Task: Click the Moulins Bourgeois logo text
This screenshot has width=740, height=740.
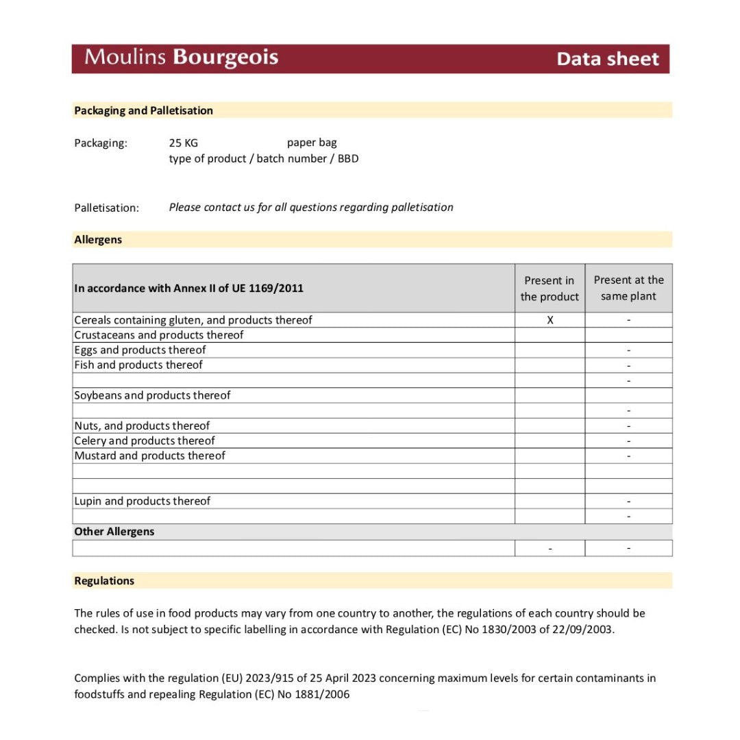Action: [181, 58]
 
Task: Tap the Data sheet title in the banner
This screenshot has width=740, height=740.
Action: [607, 59]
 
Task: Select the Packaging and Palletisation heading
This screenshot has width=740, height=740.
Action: [143, 110]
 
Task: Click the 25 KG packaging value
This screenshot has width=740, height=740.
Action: [183, 143]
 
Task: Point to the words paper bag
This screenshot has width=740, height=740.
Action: [312, 143]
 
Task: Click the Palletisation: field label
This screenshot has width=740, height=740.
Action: [106, 208]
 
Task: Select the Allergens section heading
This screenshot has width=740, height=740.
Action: [98, 240]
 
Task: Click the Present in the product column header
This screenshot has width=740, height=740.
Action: [550, 288]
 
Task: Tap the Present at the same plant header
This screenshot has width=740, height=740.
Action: [628, 288]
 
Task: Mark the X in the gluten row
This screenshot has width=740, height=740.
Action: [550, 320]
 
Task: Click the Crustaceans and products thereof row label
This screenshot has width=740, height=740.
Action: [158, 335]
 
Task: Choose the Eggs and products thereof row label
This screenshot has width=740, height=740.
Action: [140, 350]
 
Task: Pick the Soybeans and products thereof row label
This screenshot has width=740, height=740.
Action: [152, 395]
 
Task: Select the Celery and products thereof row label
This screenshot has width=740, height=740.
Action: [144, 441]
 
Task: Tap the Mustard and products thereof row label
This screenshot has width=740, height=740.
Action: [149, 456]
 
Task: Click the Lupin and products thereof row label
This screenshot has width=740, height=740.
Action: [142, 501]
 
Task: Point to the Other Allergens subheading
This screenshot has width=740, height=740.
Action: [114, 532]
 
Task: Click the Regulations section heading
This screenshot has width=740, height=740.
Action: [104, 581]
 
